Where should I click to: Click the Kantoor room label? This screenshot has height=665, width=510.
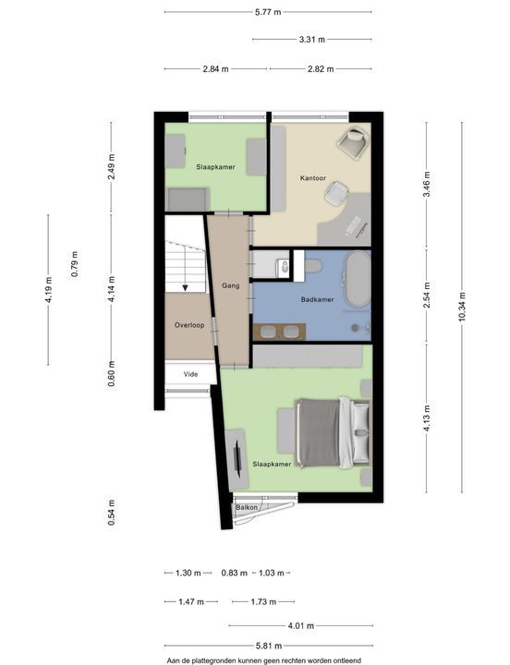click(313, 178)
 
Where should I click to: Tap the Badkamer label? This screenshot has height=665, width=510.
click(318, 299)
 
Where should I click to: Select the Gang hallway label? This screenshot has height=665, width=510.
click(231, 285)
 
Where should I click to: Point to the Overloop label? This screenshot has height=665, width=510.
click(189, 325)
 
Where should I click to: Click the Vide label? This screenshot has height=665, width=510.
click(191, 374)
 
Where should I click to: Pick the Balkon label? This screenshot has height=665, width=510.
click(247, 507)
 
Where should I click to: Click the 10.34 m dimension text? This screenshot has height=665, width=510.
click(462, 307)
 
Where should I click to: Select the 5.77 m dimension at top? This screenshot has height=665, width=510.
click(268, 12)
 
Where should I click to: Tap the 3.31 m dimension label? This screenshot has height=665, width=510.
click(312, 40)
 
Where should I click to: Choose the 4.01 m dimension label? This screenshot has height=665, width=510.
click(301, 625)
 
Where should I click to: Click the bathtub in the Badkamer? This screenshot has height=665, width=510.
click(358, 279)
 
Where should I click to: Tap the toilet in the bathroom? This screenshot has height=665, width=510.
click(312, 266)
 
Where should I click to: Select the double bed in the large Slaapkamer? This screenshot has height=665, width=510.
click(334, 432)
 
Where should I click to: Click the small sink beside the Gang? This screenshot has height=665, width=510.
click(284, 266)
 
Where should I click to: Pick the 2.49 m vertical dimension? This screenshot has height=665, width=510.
click(112, 166)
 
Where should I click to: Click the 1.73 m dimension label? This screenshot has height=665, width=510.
click(263, 602)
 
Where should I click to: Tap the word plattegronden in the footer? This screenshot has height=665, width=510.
click(218, 660)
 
